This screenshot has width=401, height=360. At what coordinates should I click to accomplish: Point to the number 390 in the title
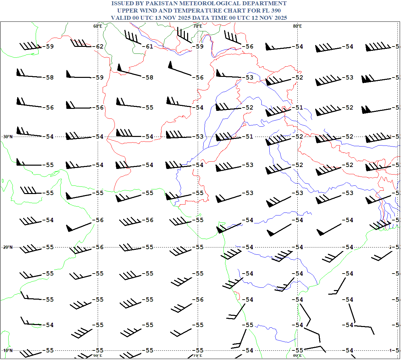(x=275, y=11)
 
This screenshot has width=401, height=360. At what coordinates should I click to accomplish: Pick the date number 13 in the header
(x=158, y=18)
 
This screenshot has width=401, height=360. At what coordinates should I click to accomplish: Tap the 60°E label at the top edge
(x=98, y=26)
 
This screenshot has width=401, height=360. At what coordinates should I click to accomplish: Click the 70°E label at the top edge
(x=198, y=26)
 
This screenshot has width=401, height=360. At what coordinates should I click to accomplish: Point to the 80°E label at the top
(x=297, y=26)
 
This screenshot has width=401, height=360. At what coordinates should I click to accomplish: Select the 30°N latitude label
(x=8, y=137)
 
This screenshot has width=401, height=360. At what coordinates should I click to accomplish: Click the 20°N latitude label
(x=8, y=247)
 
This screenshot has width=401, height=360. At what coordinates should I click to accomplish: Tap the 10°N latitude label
(x=8, y=350)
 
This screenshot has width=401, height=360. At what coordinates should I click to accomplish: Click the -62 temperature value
(x=99, y=47)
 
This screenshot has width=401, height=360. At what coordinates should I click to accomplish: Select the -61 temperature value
(x=149, y=47)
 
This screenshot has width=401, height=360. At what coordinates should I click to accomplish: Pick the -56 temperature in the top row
(x=249, y=47)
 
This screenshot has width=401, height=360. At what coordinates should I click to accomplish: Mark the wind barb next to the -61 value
(x=133, y=37)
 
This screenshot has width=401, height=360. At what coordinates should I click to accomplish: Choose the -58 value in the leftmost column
(x=49, y=78)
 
